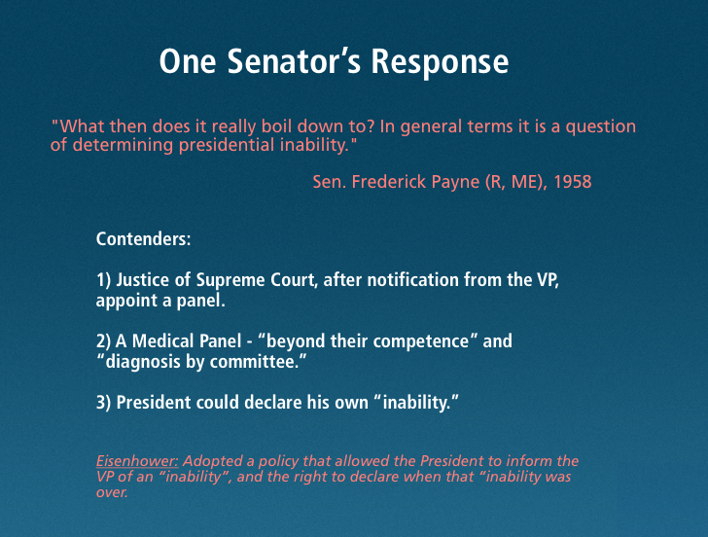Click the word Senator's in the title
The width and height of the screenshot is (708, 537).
tap(294, 61)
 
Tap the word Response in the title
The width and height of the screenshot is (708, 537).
tap(440, 62)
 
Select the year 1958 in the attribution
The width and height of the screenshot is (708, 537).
tap(573, 182)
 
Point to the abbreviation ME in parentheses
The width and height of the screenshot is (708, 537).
tap(525, 182)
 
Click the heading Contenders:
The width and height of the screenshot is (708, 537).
tap(143, 239)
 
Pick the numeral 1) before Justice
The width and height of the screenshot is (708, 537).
tap(103, 280)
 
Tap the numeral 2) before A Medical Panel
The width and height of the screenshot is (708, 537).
tap(103, 341)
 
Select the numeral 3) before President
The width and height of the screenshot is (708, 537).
tap(103, 402)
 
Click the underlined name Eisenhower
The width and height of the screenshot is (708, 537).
tap(137, 461)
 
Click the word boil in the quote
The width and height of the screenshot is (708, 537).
tap(276, 126)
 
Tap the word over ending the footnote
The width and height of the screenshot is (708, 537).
tap(112, 492)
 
